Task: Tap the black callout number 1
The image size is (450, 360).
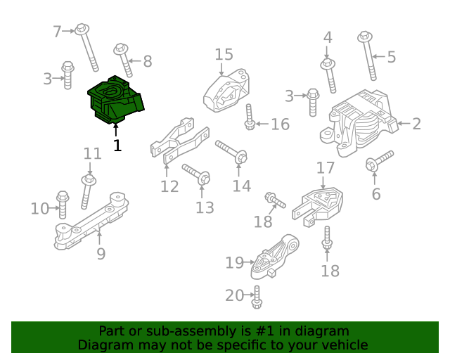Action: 117,146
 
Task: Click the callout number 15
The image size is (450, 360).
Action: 224,54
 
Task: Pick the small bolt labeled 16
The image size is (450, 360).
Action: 250,117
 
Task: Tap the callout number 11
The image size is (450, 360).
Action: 92,154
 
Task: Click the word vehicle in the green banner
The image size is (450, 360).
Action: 345,345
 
